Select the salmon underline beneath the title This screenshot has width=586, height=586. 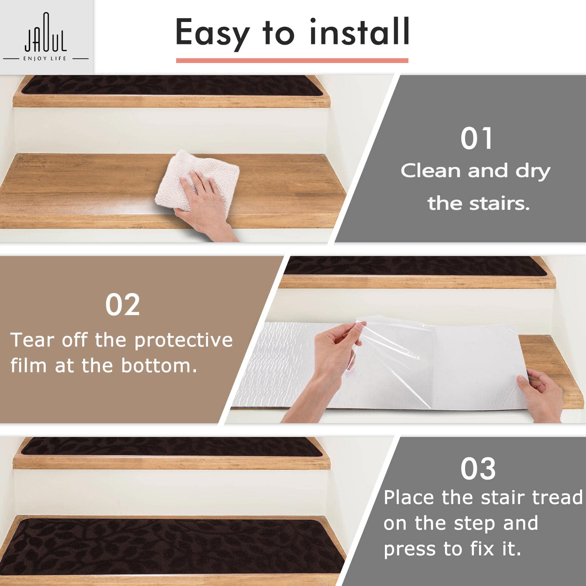click(292, 60)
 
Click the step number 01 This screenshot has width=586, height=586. click(476, 138)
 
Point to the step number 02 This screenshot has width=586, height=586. click(122, 305)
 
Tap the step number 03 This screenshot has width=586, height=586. click(478, 469)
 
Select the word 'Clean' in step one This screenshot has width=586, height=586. click(430, 171)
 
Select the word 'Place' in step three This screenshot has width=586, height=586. click(409, 497)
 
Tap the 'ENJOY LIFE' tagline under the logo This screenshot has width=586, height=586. click(45, 59)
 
